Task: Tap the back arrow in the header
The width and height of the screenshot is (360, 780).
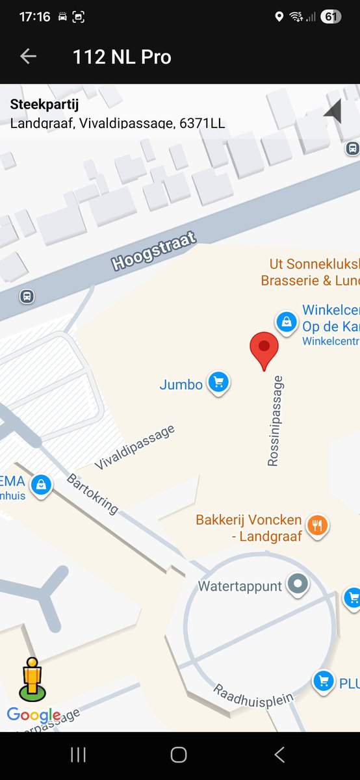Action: [x=28, y=57]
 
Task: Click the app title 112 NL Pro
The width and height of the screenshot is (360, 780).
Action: [x=122, y=57]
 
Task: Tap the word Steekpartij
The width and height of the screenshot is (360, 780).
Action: [x=45, y=105]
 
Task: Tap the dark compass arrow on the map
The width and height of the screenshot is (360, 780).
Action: [x=333, y=112]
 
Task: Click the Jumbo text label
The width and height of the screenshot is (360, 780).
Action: [x=181, y=385]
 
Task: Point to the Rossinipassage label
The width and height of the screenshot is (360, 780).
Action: [x=276, y=421]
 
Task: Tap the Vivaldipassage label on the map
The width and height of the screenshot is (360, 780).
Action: [x=135, y=447]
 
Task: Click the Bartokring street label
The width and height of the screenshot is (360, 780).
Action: [x=92, y=494]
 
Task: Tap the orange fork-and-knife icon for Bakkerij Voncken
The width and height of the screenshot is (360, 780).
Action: [x=317, y=525]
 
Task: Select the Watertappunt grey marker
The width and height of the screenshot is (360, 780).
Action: [x=298, y=585]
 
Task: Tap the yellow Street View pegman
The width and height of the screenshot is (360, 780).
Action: [x=32, y=679]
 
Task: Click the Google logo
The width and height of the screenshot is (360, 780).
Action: [x=34, y=716]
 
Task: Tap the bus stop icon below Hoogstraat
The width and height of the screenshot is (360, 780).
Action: [x=27, y=296]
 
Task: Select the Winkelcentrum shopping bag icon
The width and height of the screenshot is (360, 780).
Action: [x=285, y=320]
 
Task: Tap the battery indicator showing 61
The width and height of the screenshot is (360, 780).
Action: [x=331, y=17]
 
